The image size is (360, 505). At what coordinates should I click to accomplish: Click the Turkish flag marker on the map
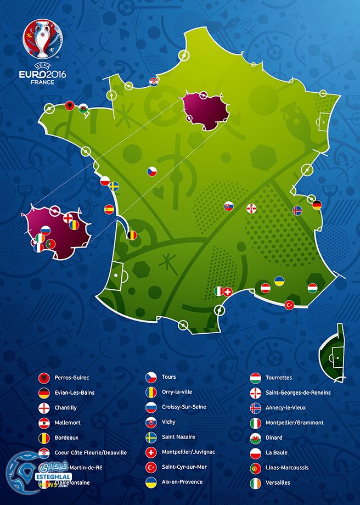pos(289,305)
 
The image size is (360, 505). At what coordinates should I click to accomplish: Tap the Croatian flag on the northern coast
pos(154,82)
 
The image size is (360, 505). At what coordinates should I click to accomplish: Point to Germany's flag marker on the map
pos(317,205)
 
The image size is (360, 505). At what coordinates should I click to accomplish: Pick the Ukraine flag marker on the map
pos(279,280)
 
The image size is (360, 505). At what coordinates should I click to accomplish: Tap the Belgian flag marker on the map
pos(133,235)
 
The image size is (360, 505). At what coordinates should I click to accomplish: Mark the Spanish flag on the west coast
pos(109,209)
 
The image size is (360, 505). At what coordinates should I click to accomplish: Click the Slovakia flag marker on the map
pos(228,206)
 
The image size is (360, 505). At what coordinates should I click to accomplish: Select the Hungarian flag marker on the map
pos(312,287)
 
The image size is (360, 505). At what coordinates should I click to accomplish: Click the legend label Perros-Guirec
pos(71,378)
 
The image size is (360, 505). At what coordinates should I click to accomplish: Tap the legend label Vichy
pos(169,422)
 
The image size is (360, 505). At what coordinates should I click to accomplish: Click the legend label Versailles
pos(277,482)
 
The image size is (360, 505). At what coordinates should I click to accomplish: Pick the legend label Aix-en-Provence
pos(182,482)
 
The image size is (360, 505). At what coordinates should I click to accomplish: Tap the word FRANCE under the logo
pos(42,82)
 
